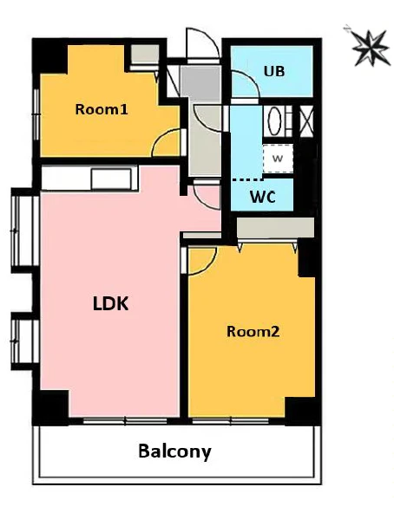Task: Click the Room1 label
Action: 102,109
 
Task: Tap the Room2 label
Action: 253,332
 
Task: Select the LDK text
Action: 110,303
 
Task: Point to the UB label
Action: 274,71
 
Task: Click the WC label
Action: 263,197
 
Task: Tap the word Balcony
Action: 174,451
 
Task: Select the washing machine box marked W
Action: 278,159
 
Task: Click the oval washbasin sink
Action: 274,120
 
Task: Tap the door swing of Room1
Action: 166,142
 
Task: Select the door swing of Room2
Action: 202,261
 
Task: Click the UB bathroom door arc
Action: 245,84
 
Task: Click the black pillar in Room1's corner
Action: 49,56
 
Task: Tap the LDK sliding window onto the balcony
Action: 125,421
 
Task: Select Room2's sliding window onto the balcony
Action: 231,421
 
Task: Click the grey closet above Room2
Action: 275,228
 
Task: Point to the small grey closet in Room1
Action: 145,54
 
